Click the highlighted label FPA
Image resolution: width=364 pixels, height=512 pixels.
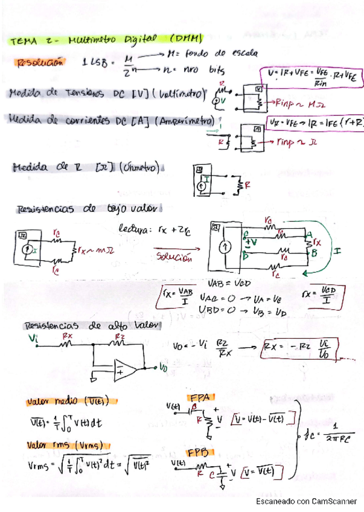pyautogui.click(x=199, y=397)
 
